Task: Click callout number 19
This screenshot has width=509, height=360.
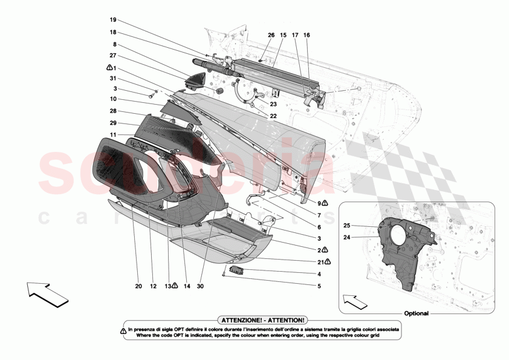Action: pyautogui.click(x=113, y=20)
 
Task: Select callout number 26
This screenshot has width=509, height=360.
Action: pyautogui.click(x=271, y=34)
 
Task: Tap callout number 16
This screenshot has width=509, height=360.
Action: pyautogui.click(x=306, y=34)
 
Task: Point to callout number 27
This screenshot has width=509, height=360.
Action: pyautogui.click(x=113, y=56)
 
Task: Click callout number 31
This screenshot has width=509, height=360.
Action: pyautogui.click(x=113, y=79)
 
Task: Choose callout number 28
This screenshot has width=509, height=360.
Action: pyautogui.click(x=113, y=111)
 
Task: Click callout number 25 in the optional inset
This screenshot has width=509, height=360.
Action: pyautogui.click(x=347, y=226)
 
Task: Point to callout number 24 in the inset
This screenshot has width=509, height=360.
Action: pyautogui.click(x=347, y=238)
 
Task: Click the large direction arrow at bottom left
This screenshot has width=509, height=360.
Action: pyautogui.click(x=47, y=293)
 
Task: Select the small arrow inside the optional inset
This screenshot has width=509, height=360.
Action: pyautogui.click(x=354, y=299)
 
